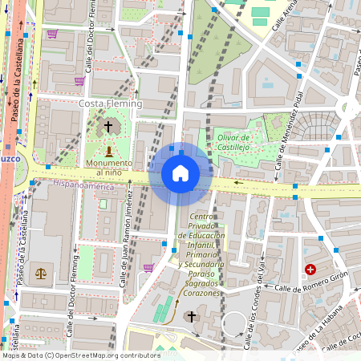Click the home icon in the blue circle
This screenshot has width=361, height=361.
click(x=180, y=172)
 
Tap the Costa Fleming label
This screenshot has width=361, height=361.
click(x=110, y=103)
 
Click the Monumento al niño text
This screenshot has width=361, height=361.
click(x=108, y=168)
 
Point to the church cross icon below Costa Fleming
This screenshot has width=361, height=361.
click(x=108, y=127)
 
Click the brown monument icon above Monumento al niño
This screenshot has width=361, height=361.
click(x=109, y=151)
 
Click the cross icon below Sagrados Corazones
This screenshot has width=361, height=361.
click(x=191, y=317)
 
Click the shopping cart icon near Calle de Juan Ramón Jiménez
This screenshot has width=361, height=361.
click(x=148, y=268)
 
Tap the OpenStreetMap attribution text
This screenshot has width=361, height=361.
click(x=80, y=355)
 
